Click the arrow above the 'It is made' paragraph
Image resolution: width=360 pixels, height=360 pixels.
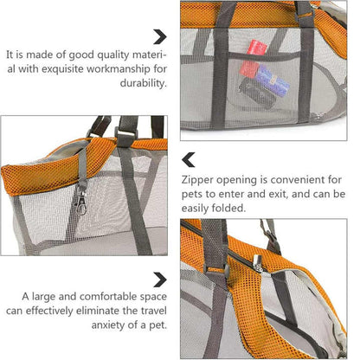click(x=160, y=36)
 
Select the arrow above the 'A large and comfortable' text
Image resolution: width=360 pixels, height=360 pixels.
click(x=160, y=279)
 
